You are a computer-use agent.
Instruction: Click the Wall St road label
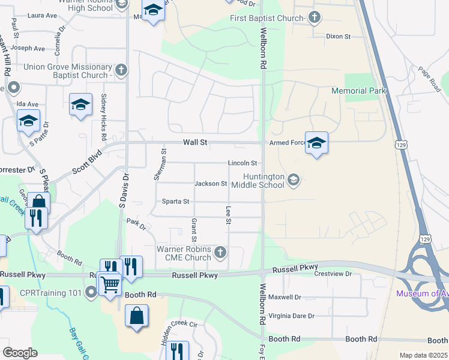[x=195, y=143]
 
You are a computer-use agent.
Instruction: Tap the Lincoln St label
[x=243, y=163]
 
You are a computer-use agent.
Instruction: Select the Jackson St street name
[x=210, y=184]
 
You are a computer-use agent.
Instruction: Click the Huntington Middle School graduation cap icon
[x=294, y=179]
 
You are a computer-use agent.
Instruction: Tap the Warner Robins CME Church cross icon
[x=220, y=252]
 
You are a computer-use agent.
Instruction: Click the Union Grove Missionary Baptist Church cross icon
[x=121, y=70]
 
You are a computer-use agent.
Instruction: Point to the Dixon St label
[x=338, y=37]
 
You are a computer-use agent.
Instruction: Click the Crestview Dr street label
[x=332, y=274]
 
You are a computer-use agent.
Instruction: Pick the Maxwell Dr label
[x=285, y=297]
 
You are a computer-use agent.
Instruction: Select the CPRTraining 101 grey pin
[x=91, y=293]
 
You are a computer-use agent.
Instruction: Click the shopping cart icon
[x=110, y=285]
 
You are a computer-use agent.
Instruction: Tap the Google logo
[x=20, y=353]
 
